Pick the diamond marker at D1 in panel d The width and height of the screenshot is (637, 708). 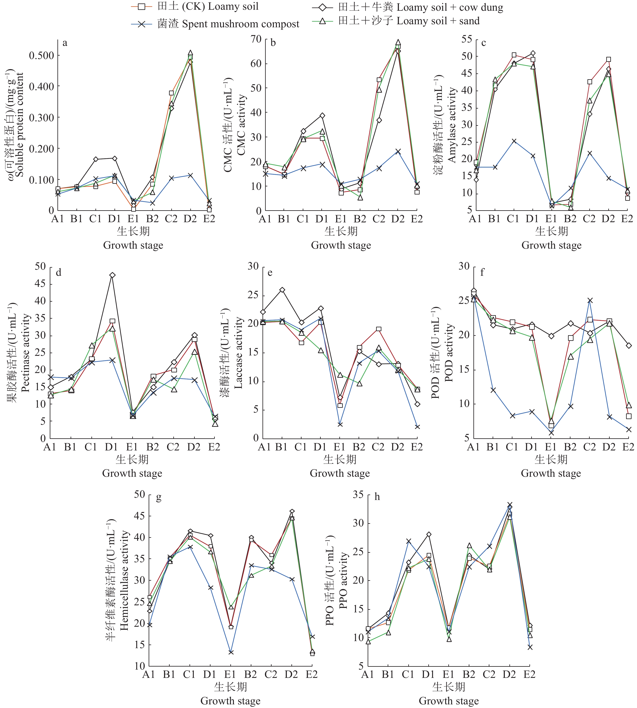(x=112, y=275)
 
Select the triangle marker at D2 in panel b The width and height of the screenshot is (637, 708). (x=398, y=42)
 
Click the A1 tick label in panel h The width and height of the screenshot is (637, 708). (x=367, y=674)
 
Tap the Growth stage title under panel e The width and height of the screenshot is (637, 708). (x=340, y=473)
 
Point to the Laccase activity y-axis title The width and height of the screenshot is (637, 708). (x=238, y=353)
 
